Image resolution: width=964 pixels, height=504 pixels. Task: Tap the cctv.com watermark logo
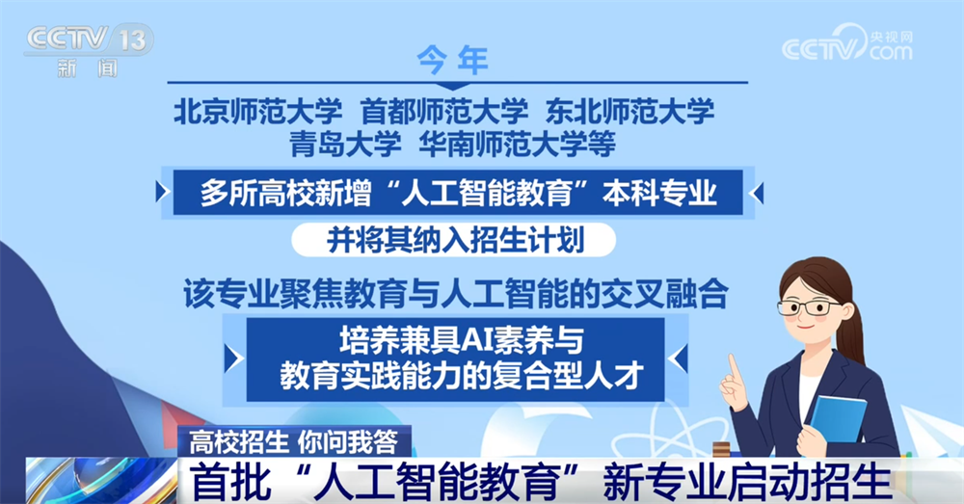[847, 43]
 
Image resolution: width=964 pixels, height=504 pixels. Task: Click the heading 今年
[452, 61]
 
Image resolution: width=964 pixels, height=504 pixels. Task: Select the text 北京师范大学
[257, 112]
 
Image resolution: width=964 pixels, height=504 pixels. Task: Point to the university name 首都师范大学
[443, 112]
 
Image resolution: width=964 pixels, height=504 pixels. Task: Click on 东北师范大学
[629, 112]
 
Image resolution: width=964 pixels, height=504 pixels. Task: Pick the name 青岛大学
[345, 145]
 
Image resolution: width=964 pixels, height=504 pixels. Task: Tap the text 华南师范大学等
[517, 145]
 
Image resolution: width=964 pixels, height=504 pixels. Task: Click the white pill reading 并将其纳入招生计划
[454, 240]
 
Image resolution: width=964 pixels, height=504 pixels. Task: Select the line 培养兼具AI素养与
[461, 340]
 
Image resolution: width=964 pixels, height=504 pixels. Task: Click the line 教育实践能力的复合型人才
[462, 374]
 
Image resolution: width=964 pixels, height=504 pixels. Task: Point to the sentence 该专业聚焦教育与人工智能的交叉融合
[456, 293]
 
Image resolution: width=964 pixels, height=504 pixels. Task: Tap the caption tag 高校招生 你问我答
[294, 441]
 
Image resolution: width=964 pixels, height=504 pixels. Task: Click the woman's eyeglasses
[809, 306]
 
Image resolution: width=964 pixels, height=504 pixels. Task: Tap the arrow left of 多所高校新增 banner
[162, 192]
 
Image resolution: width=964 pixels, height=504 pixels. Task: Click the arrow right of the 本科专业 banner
[757, 193]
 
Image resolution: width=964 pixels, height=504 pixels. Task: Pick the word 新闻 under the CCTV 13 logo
[88, 67]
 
